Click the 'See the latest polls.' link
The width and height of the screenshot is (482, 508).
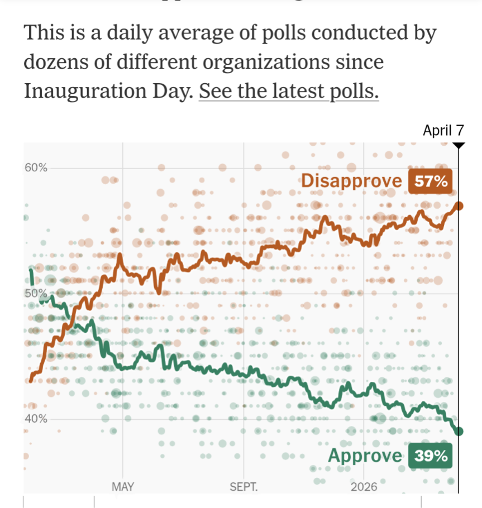(x=288, y=90)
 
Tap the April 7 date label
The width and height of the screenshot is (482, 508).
(x=443, y=131)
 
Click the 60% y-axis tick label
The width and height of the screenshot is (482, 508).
(x=36, y=167)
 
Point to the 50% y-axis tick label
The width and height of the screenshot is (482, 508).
(x=36, y=294)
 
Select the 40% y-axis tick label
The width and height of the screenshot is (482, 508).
(x=36, y=419)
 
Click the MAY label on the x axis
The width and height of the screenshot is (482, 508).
(x=123, y=487)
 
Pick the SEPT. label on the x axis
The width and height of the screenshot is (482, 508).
(x=244, y=487)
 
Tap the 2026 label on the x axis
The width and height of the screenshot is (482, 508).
(x=364, y=487)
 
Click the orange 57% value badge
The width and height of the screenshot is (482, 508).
(x=430, y=181)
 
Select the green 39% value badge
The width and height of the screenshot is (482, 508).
(x=430, y=456)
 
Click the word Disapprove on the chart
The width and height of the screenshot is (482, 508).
(x=351, y=181)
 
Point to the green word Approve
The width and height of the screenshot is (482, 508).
(x=365, y=456)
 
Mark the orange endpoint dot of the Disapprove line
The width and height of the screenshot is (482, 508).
(x=459, y=206)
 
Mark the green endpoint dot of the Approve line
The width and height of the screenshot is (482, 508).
(x=459, y=431)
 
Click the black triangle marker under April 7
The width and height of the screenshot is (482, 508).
(x=459, y=145)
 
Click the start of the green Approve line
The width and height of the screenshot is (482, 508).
(x=31, y=271)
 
